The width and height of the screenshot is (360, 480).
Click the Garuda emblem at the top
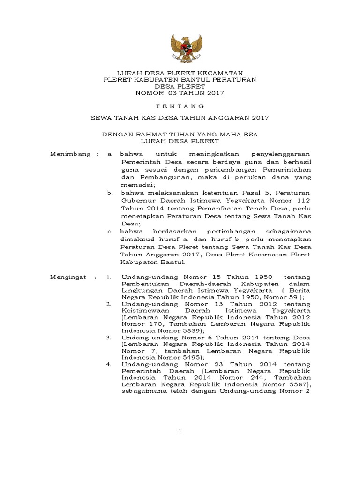pyautogui.click(x=180, y=47)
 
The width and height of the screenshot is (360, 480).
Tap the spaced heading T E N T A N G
pyautogui.click(x=180, y=106)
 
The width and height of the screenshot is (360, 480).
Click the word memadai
pyautogui.click(x=133, y=185)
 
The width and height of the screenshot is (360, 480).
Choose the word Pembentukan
pyautogui.click(x=144, y=285)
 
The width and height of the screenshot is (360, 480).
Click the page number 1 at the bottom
pyautogui.click(x=180, y=432)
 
